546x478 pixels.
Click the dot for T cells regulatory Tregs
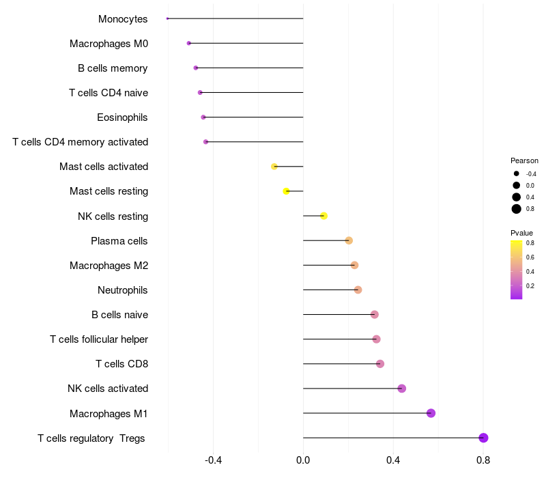click(483, 438)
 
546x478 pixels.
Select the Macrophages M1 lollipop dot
click(431, 413)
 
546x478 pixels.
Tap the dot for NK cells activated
click(402, 389)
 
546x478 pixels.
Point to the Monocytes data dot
click(167, 18)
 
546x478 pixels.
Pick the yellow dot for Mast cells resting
click(286, 191)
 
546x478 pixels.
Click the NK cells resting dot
click(324, 216)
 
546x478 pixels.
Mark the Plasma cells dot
click(349, 240)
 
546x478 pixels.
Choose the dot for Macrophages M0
click(189, 43)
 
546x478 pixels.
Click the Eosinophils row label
click(122, 117)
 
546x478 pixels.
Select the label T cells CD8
click(121, 364)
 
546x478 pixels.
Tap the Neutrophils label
click(123, 290)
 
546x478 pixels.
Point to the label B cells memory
click(113, 68)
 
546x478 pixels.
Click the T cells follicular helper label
click(99, 339)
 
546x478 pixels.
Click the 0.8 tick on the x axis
click(483, 460)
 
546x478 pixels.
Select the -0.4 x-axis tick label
click(213, 460)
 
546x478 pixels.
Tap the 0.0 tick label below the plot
click(303, 460)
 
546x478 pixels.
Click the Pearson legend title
click(524, 160)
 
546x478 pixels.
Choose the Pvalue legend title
click(521, 233)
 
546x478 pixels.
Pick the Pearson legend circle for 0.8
click(517, 209)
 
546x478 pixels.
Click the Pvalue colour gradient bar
click(516, 270)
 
